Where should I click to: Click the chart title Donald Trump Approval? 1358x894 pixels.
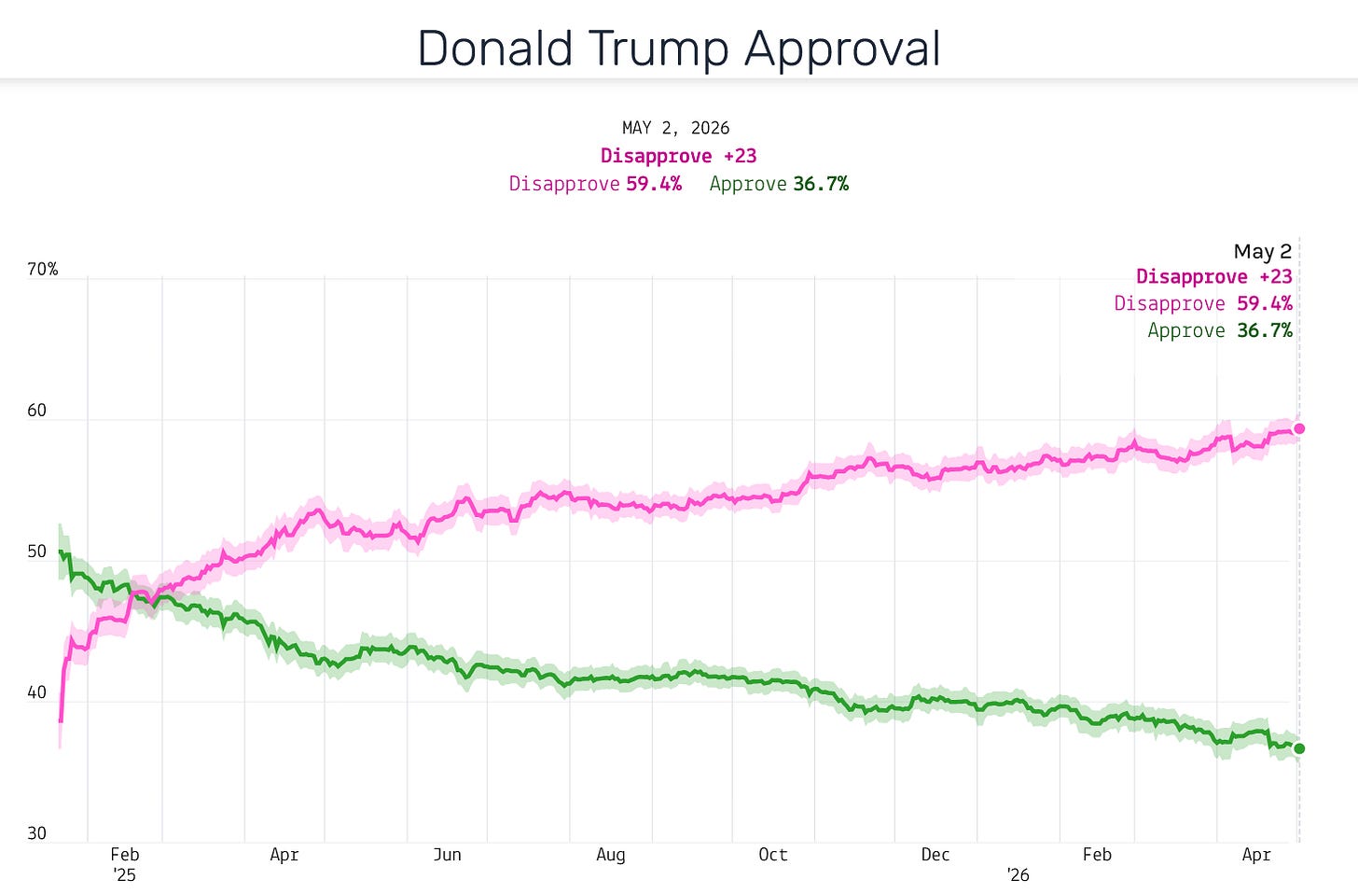coord(679,49)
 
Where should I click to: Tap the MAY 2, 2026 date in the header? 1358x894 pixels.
coord(675,128)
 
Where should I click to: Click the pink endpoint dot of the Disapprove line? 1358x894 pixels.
coord(1299,429)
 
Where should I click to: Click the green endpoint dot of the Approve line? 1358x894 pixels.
coord(1299,748)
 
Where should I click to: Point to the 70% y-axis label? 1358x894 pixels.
coord(43,270)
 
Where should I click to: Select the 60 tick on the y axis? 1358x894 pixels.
coord(37,411)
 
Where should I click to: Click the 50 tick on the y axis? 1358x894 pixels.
coord(37,552)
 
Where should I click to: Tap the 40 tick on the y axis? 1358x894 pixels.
coord(37,692)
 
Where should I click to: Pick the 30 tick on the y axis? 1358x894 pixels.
coord(37,833)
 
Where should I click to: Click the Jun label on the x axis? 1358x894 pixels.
coord(447,855)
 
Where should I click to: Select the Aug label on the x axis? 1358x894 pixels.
coord(611,856)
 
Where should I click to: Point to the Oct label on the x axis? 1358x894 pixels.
coord(773,855)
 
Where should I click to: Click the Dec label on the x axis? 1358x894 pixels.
coord(935,855)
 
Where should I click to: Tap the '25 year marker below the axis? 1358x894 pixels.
coord(124,875)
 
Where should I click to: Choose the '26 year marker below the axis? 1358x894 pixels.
coord(1018,875)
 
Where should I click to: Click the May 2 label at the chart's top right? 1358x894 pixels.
coord(1263,251)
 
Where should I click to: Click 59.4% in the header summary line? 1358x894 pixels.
coord(654,184)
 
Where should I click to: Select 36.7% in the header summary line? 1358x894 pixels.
coord(821,184)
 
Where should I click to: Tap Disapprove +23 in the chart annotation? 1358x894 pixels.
coord(1214,277)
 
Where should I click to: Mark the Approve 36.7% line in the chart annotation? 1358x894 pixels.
coord(1220,330)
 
